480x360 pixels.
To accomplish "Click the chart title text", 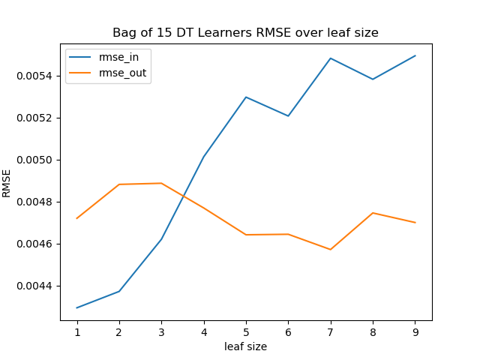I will pyautogui.click(x=245, y=33).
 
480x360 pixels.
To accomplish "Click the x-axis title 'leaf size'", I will pyautogui.click(x=245, y=346).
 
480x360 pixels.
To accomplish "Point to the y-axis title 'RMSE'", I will pyautogui.click(x=7, y=182).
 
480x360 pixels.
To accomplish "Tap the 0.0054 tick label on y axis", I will pyautogui.click(x=34, y=76).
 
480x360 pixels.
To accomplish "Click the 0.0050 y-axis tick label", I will pyautogui.click(x=34, y=160).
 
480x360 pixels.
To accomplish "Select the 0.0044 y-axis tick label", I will pyautogui.click(x=34, y=286).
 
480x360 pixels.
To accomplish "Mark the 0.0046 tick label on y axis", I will pyautogui.click(x=34, y=244).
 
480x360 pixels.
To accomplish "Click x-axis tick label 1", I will pyautogui.click(x=77, y=332).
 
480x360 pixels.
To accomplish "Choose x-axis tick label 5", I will pyautogui.click(x=246, y=332).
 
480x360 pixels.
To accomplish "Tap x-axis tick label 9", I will pyautogui.click(x=415, y=332).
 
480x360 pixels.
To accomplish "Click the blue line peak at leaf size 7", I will pyautogui.click(x=331, y=58).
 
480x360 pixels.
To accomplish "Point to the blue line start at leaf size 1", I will pyautogui.click(x=77, y=307).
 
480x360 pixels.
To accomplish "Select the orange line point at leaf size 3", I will pyautogui.click(x=161, y=183).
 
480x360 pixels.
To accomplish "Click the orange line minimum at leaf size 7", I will pyautogui.click(x=331, y=249).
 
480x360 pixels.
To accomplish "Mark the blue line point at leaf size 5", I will pyautogui.click(x=246, y=97).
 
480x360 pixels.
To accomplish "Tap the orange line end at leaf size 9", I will pyautogui.click(x=415, y=223).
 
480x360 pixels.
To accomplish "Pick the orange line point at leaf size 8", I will pyautogui.click(x=373, y=213).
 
